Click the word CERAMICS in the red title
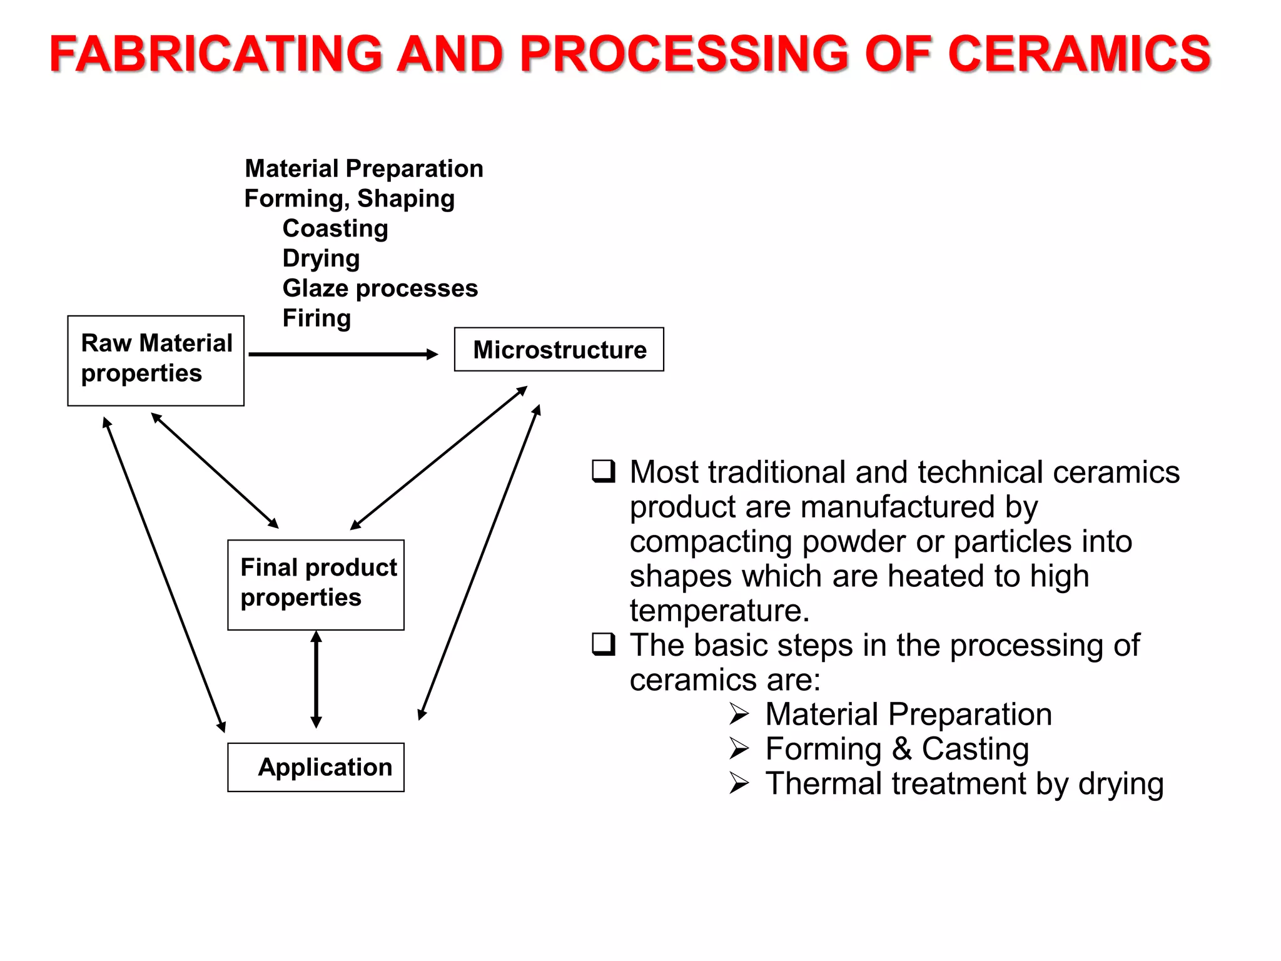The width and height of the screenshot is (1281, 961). tap(1079, 54)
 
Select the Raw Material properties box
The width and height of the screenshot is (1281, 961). tap(156, 360)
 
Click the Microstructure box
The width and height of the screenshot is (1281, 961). tap(559, 349)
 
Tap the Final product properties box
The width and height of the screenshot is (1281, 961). tap(316, 584)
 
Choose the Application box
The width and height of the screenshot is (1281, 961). tap(316, 767)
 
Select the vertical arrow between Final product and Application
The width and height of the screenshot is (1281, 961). tap(316, 679)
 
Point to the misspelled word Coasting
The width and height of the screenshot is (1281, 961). tap(335, 228)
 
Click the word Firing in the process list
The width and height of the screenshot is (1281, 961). tap(316, 318)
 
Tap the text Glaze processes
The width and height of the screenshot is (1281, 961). tap(380, 288)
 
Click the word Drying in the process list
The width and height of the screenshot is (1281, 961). tap(321, 258)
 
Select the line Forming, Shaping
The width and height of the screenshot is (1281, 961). tap(349, 198)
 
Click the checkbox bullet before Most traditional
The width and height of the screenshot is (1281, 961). tap(604, 471)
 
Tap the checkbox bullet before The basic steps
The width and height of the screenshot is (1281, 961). tap(604, 644)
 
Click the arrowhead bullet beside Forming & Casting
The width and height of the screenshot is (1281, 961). tap(739, 748)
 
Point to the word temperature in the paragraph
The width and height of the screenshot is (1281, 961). tap(719, 611)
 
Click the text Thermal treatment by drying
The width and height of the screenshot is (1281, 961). tap(964, 783)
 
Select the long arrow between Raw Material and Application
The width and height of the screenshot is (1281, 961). tap(164, 574)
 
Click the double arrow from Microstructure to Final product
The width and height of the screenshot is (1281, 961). tap(438, 458)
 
